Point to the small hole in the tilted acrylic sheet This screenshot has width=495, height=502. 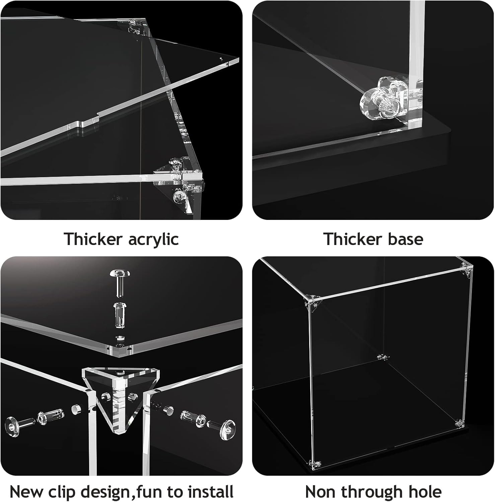[x=220, y=59]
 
